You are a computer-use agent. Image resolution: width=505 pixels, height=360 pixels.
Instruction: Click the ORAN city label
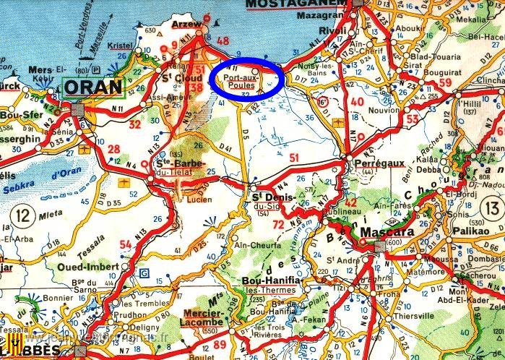coord(93,87)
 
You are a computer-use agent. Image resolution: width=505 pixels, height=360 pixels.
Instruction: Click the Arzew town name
coord(187,24)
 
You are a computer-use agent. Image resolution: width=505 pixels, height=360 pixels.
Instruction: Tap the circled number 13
coord(493,209)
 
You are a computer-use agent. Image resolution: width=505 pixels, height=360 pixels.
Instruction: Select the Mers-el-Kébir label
coord(43,75)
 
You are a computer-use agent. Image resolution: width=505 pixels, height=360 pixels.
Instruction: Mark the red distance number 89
coord(220,345)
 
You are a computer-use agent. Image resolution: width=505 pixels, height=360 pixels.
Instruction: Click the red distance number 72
coord(278,226)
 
